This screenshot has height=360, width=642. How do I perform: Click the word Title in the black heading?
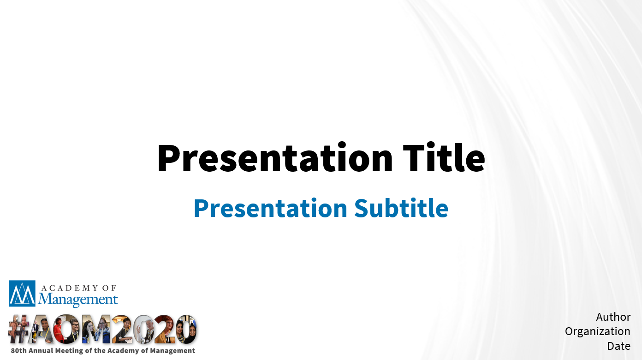(444, 157)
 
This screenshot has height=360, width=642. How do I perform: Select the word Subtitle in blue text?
(401, 208)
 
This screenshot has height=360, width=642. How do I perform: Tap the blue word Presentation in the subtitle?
(271, 208)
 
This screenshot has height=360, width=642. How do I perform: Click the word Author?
(613, 317)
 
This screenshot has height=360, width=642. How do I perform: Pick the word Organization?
(598, 331)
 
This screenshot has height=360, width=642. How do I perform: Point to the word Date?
(619, 346)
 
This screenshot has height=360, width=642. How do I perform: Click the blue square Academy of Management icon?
(22, 294)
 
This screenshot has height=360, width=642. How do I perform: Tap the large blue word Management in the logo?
(77, 299)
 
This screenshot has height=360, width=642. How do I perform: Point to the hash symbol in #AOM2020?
(18, 329)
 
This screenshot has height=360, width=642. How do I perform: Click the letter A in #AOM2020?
(41, 329)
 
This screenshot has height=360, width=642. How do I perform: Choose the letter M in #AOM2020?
(96, 329)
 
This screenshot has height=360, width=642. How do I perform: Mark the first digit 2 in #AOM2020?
(122, 329)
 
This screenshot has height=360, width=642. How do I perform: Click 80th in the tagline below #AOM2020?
(18, 350)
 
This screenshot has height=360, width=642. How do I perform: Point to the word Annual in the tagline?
(41, 350)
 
